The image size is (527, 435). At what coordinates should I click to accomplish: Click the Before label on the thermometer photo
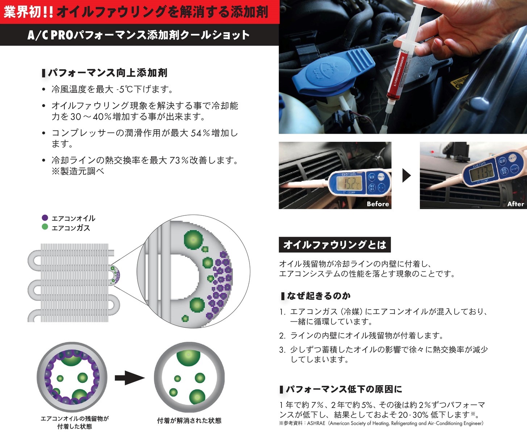pos(377,204)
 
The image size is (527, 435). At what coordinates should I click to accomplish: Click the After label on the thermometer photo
pos(515,204)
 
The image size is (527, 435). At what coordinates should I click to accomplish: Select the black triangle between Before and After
pos(406,175)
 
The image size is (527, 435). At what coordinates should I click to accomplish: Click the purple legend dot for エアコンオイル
pos(45,218)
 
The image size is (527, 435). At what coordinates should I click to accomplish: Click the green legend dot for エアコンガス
pos(45,227)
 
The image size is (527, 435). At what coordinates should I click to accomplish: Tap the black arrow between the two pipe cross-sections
pos(130,378)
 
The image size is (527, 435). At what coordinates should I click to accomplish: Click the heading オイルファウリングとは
pos(335,245)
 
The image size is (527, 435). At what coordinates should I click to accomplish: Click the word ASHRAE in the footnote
pos(316,423)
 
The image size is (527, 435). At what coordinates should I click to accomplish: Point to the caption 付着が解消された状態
pos(189,420)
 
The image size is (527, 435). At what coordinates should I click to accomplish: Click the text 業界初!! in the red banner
pos(28,12)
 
